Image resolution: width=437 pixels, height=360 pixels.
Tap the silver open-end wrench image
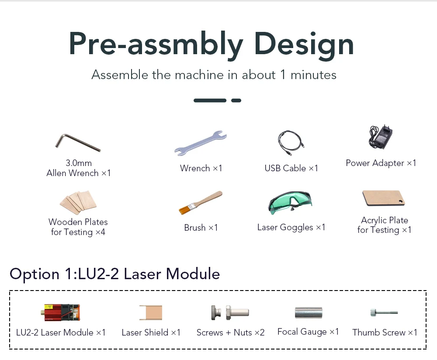pos(201,143)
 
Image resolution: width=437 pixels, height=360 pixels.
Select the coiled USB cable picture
pos(291,142)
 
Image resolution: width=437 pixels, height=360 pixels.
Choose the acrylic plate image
pos(384,198)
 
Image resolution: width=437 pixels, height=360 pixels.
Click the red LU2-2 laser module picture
pos(61,312)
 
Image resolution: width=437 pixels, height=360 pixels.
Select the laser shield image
pos(151,312)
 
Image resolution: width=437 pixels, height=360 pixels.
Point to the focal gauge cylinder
pos(308,312)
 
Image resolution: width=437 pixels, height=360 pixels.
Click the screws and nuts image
pos(230,312)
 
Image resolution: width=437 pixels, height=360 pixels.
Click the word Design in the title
pos(304,44)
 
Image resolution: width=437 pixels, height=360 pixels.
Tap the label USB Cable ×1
pos(291,168)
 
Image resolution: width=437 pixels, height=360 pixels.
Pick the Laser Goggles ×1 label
pos(291,227)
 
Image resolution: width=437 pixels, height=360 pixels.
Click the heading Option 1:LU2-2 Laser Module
pos(114,274)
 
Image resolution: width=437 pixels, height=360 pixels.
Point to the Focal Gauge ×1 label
pos(308,332)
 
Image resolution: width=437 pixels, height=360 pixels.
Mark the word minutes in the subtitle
pos(313,75)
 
